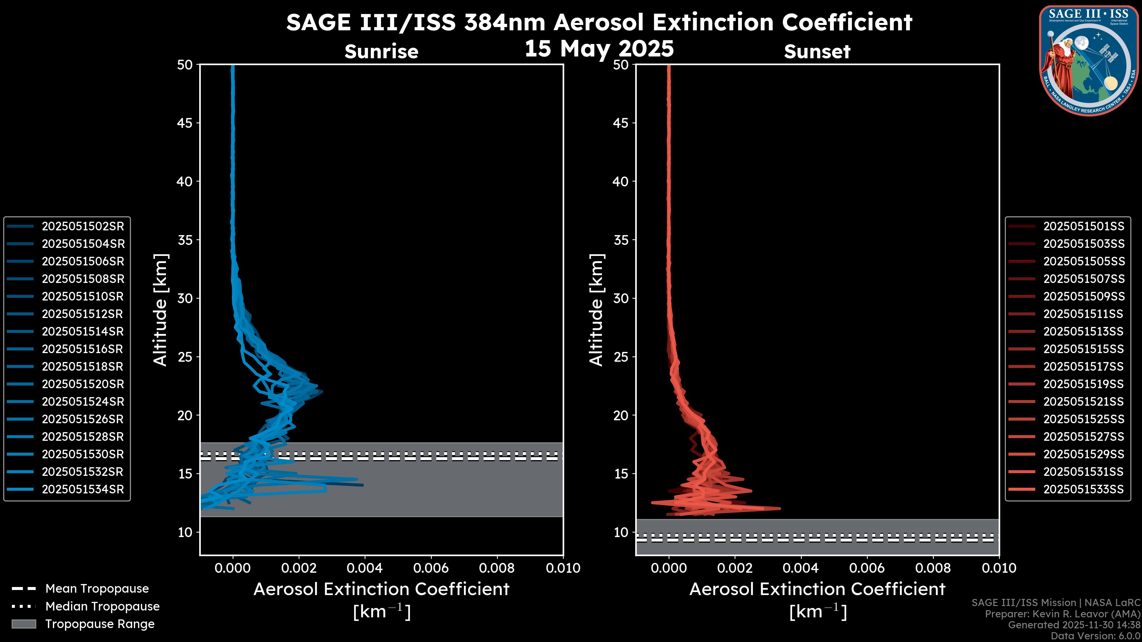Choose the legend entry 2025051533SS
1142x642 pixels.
tap(1083, 490)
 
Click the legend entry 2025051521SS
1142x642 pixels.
tap(1083, 402)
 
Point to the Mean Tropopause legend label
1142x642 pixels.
tap(97, 589)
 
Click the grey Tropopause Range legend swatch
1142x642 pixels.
tap(23, 624)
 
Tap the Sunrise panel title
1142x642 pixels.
tap(381, 52)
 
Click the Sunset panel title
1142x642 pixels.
tap(817, 52)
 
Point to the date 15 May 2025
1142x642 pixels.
tap(599, 48)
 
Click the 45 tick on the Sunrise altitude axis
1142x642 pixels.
tap(185, 123)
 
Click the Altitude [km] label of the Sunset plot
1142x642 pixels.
tap(596, 310)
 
